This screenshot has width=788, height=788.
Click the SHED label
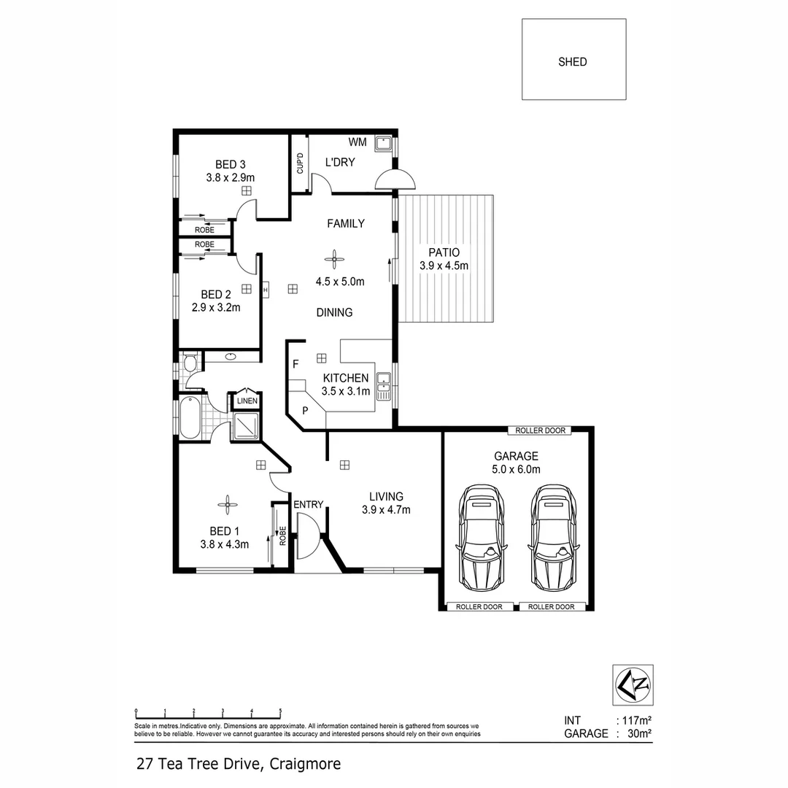(573, 62)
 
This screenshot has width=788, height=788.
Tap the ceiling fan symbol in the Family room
(335, 257)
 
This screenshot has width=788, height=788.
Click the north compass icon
(632, 684)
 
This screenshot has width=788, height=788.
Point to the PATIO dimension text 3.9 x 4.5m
(444, 266)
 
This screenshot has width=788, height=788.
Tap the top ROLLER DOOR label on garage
(541, 431)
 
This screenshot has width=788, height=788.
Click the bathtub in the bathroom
(190, 417)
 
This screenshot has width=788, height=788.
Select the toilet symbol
(190, 363)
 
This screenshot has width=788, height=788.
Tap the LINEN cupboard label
(245, 400)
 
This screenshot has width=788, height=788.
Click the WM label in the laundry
(358, 142)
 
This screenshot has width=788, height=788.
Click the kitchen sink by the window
(383, 385)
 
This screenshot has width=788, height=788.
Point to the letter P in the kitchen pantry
(306, 410)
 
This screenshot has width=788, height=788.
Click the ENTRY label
(308, 504)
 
